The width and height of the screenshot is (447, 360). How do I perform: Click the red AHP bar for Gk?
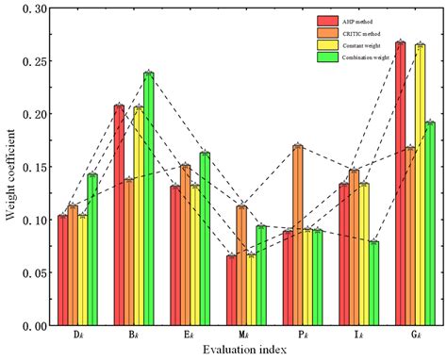[400, 184]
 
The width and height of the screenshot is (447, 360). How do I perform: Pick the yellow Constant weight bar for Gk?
[420, 185]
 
